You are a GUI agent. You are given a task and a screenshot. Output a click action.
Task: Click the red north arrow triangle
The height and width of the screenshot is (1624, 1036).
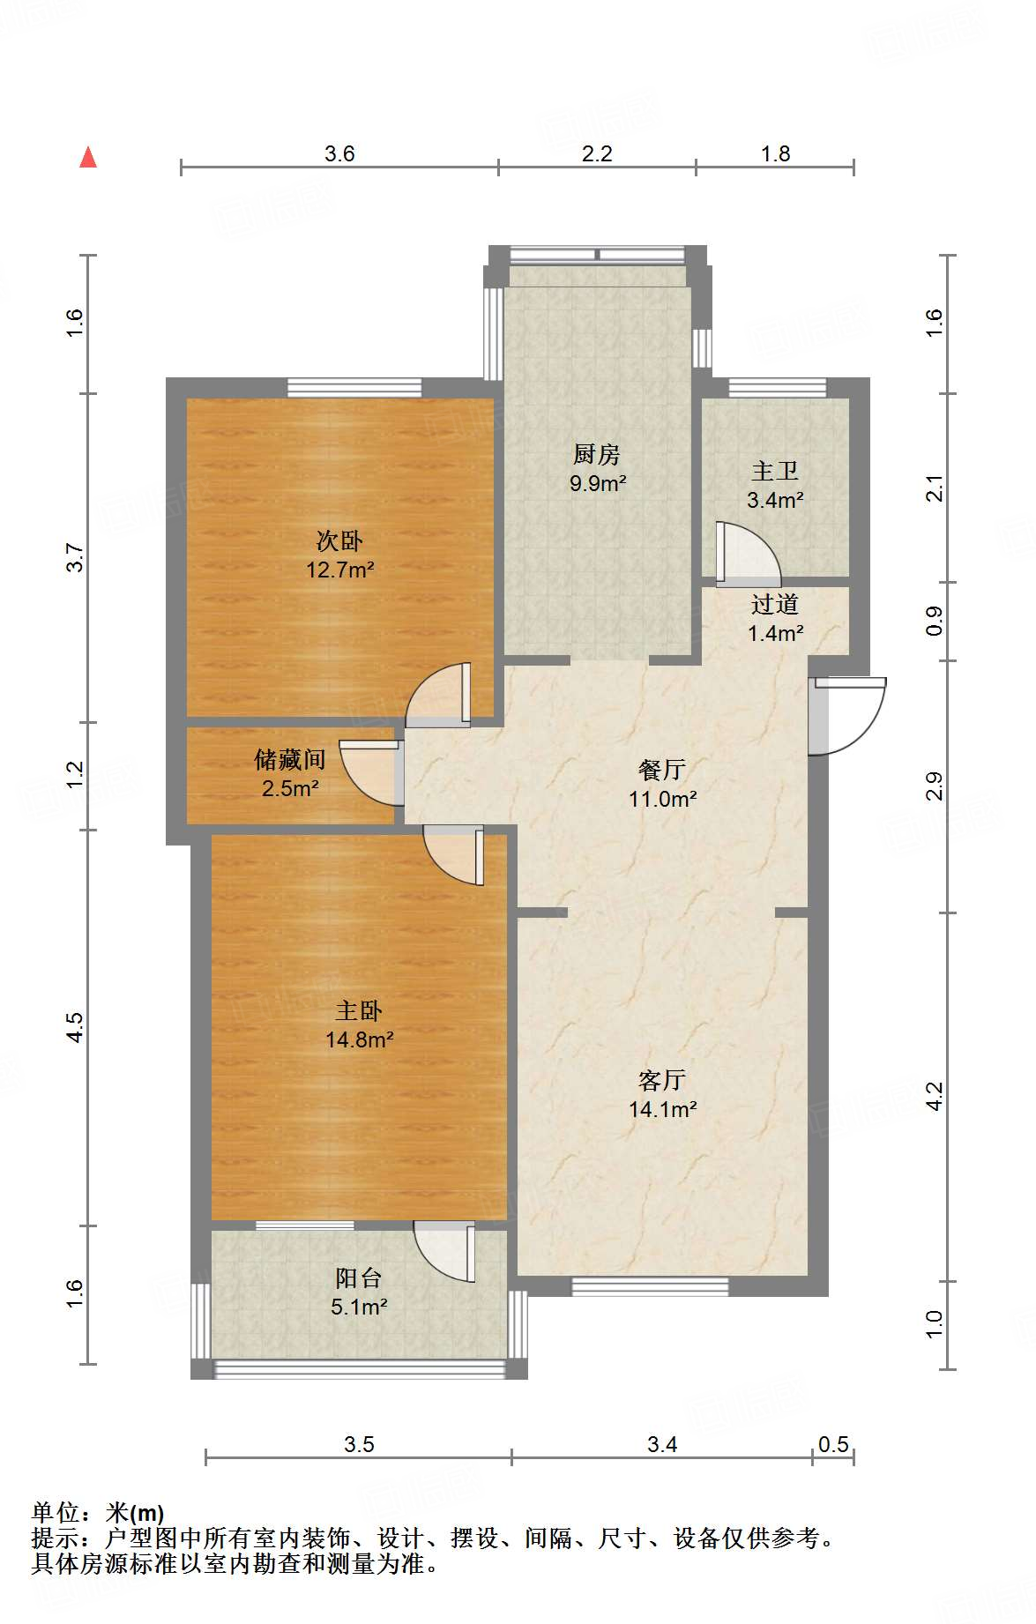point(88,158)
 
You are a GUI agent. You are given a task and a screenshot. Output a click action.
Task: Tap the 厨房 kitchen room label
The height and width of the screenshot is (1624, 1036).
point(597,455)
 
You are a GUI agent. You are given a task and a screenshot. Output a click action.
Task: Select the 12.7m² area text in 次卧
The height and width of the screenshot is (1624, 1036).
point(339,570)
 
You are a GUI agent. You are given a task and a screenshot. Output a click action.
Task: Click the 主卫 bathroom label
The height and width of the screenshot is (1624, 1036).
point(775,472)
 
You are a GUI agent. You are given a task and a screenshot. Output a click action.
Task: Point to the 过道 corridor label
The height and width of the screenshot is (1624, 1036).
point(775,605)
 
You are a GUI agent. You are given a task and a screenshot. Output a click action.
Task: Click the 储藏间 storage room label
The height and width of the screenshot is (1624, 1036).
point(290,759)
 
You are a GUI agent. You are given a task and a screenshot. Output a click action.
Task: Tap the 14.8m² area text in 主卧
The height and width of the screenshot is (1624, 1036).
point(359,1039)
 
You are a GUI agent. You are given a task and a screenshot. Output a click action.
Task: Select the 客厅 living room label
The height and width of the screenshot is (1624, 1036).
point(662,1081)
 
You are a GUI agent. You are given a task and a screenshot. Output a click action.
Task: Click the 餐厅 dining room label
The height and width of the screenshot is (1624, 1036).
point(662,771)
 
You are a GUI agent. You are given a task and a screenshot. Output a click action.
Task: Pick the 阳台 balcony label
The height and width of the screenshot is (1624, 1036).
point(358,1278)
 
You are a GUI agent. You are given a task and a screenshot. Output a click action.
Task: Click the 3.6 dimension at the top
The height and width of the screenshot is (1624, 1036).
point(339,153)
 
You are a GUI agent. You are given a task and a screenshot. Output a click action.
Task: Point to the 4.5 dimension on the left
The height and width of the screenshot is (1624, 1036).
point(75,1027)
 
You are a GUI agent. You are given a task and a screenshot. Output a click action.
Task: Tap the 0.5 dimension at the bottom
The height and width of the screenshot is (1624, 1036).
point(832,1444)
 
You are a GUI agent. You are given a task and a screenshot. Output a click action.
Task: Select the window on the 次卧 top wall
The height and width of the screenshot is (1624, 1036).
point(354,387)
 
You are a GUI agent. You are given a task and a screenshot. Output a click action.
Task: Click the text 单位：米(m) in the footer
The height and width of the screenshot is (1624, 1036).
point(98,1513)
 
